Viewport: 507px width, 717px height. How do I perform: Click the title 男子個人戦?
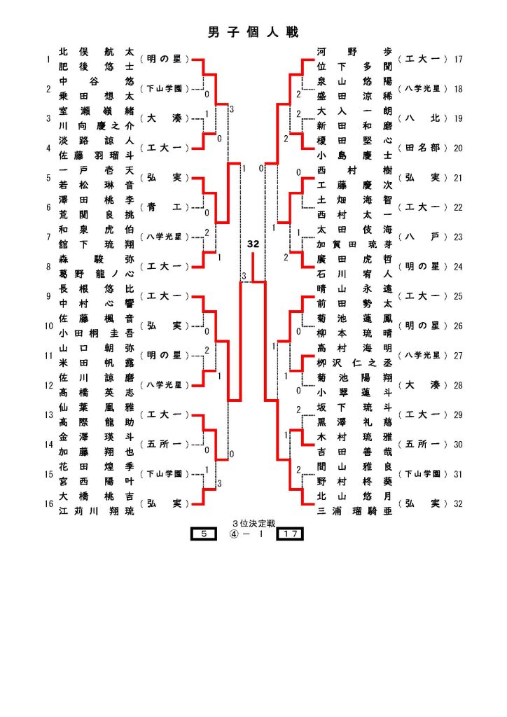click(253, 33)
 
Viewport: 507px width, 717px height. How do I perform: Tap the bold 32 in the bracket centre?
click(253, 244)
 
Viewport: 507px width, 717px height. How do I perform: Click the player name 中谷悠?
click(96, 81)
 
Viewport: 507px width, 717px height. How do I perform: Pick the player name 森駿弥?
click(96, 258)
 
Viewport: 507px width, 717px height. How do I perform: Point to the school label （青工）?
click(165, 207)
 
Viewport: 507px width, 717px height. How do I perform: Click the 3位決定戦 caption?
click(253, 523)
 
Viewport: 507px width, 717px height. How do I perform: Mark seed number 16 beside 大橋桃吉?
click(48, 503)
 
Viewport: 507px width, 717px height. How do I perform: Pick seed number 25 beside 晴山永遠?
click(459, 296)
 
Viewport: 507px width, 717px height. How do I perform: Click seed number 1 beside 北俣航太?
click(48, 60)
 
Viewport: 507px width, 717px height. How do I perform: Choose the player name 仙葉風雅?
click(96, 407)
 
